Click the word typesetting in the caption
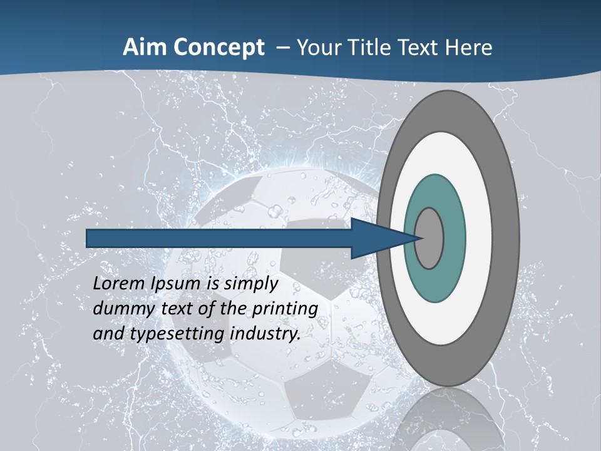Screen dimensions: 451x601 click(172, 334)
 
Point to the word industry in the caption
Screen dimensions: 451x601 click(265, 334)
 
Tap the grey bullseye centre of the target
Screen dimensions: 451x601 click(429, 238)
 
